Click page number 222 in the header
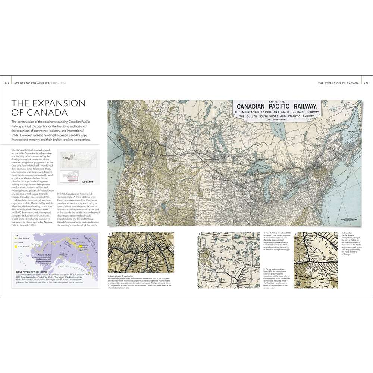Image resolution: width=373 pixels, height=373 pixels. click(x=6, y=83)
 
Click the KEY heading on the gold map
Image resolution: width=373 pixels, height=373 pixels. click(x=16, y=235)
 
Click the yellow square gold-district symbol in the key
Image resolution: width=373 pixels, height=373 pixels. click(x=16, y=247)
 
